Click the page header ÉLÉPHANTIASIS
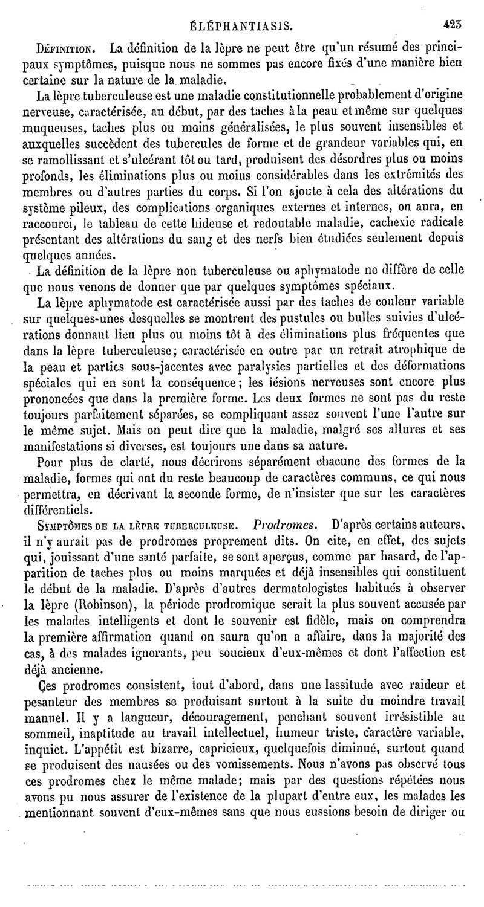(241, 26)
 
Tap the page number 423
(453, 25)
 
